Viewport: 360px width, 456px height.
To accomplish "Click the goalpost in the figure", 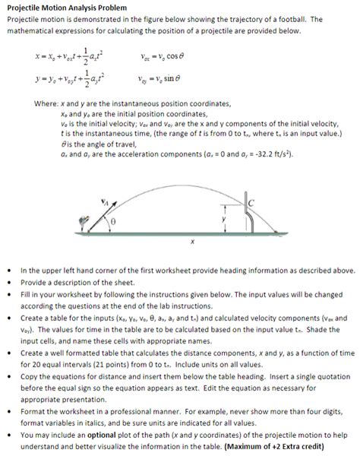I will tap(249, 212).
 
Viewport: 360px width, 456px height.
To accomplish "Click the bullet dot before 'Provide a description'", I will tap(8, 281).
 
